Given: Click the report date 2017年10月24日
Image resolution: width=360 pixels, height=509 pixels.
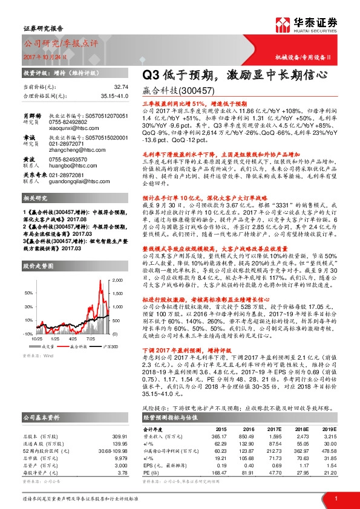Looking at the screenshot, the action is [45, 56].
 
